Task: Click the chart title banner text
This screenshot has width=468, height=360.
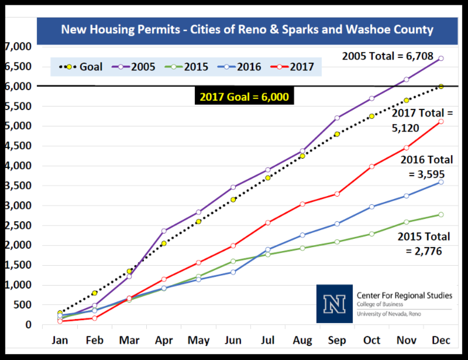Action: click(x=247, y=29)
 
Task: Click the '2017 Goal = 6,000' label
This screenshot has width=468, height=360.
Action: click(x=245, y=97)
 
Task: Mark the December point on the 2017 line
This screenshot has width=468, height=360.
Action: click(x=441, y=121)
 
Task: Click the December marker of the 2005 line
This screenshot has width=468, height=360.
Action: click(x=441, y=59)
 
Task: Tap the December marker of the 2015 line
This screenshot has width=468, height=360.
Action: click(x=441, y=215)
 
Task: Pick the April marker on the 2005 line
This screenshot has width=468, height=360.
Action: click(x=164, y=231)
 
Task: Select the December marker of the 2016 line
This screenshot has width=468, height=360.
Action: click(x=441, y=182)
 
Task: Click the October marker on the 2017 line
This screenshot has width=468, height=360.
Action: click(x=372, y=166)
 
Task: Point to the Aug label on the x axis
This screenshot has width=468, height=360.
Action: click(x=302, y=340)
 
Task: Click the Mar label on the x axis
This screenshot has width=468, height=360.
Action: click(x=129, y=340)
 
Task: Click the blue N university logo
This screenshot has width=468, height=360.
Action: click(x=335, y=303)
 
